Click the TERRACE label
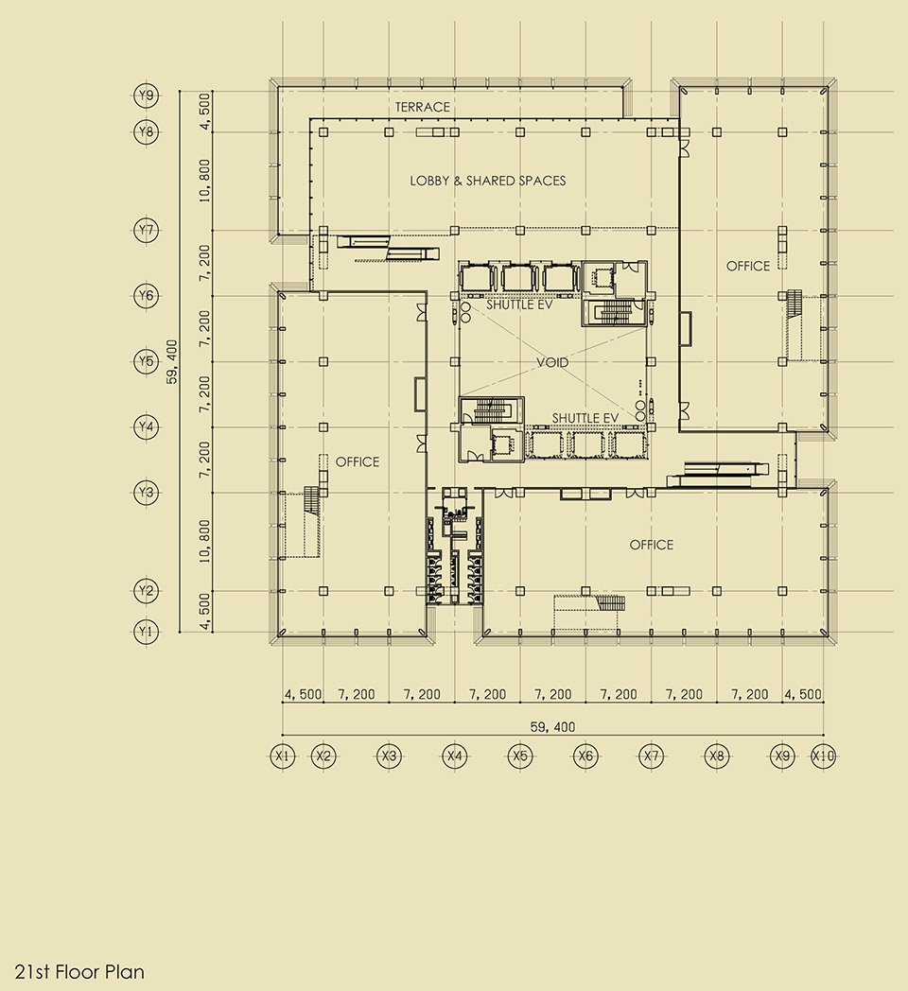pos(423,108)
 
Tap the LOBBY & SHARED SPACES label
pos(487,181)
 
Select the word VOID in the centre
pos(552,362)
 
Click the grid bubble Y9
pos(146,96)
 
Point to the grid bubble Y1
pos(146,632)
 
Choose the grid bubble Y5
pos(146,361)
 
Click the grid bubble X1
pos(282,756)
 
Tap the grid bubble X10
pos(823,756)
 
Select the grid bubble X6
pos(585,756)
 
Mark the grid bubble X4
pos(455,756)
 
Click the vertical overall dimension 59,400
pos(172,361)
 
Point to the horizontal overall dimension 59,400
pos(552,727)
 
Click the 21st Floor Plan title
pos(79,971)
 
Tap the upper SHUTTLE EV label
pos(519,304)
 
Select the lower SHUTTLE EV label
pos(585,418)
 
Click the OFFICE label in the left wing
pos(358,462)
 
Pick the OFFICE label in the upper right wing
pos(748,266)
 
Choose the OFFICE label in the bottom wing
pos(652,545)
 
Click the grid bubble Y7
pos(146,230)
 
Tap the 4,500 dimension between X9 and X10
pos(803,694)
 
